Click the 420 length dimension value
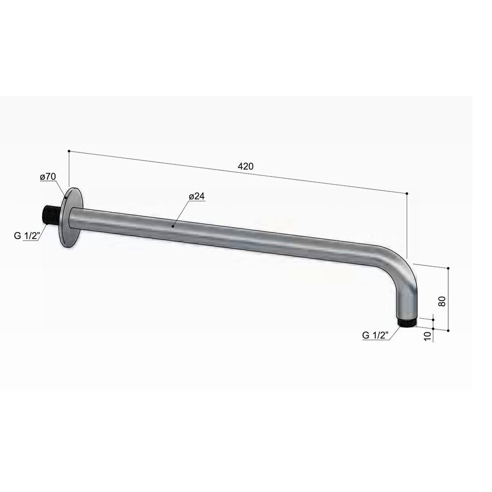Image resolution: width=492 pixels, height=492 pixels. pos(245,166)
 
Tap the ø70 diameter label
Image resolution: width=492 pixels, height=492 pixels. pos(48,177)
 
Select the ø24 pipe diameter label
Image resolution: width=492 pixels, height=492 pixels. pos(196,196)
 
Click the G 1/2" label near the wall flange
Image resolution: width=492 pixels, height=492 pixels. pos(26,237)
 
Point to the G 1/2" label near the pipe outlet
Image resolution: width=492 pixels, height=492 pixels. pos(375,335)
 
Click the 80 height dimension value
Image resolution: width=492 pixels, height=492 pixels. pos(442,300)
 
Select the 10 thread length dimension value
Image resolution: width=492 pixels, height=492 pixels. pos(427,334)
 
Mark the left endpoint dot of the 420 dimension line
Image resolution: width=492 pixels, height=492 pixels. pos(69,150)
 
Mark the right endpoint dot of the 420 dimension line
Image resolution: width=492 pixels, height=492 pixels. pos(407,193)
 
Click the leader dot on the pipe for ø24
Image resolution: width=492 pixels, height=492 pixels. pos(173,225)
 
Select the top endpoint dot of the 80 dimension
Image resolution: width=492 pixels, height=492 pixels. pos(448,268)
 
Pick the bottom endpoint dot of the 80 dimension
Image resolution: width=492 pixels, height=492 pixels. pos(448,331)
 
